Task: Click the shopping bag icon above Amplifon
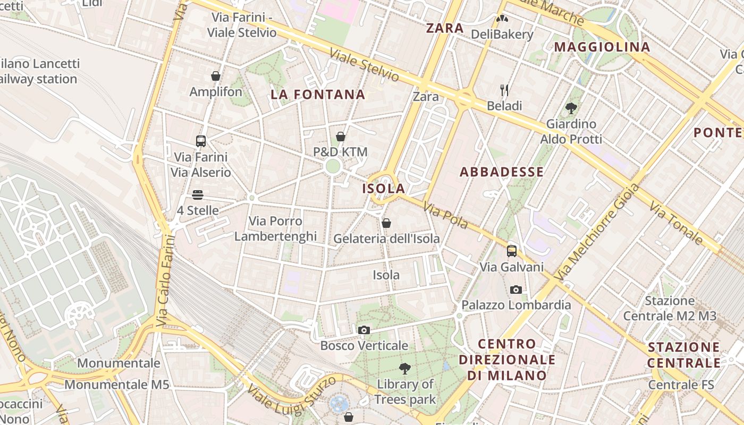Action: (216, 76)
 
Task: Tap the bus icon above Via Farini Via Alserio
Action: (201, 141)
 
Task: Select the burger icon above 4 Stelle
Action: (198, 195)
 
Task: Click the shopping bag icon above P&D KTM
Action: (341, 137)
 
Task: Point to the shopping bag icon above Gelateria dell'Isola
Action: (386, 223)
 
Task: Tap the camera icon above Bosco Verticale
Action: (364, 330)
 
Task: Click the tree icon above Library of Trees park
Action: (405, 368)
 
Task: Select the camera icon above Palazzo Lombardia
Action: (515, 290)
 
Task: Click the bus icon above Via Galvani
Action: (512, 251)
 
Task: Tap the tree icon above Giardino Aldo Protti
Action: (571, 108)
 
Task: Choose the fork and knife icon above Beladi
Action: (504, 90)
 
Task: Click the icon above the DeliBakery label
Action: (502, 19)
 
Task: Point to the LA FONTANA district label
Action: (318, 95)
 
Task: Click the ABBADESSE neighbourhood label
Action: (502, 172)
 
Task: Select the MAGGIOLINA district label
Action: (602, 47)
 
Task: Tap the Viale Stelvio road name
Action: (364, 65)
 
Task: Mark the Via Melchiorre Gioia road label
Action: (597, 232)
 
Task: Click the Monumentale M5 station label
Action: (117, 385)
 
